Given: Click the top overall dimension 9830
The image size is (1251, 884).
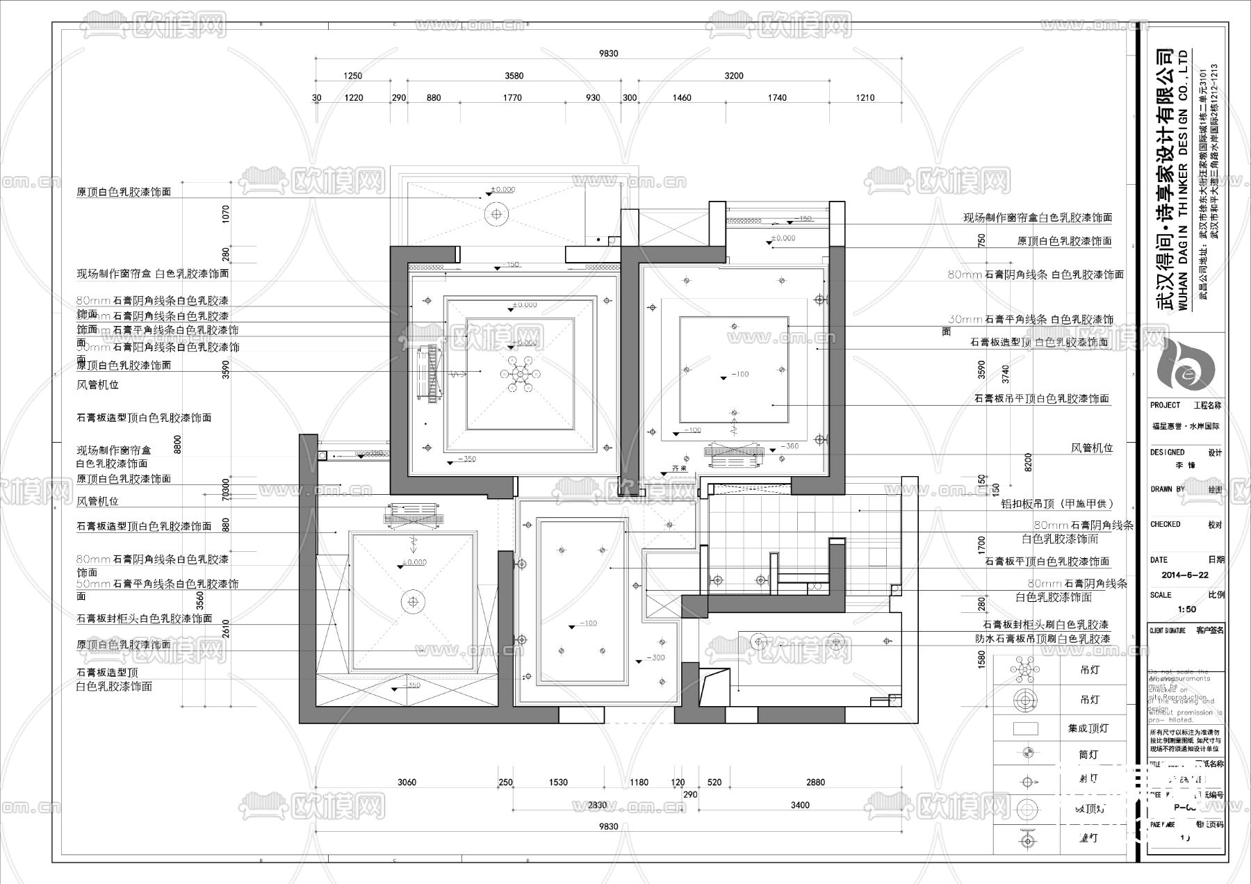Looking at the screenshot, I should coord(608,54).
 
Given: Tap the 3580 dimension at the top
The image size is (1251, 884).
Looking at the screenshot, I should coord(514,76).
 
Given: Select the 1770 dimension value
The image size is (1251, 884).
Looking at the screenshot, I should coord(512,98).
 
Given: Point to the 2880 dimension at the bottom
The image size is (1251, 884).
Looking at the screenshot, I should coord(815,783).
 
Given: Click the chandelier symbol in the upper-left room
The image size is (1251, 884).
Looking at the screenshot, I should coord(518,373).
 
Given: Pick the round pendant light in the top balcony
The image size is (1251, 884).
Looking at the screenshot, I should coord(496,215).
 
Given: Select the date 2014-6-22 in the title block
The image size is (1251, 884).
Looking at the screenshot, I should coord(1185,575).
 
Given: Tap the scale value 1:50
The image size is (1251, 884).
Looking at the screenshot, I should coord(1187,609).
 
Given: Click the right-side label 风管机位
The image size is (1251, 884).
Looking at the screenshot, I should coord(1092,448).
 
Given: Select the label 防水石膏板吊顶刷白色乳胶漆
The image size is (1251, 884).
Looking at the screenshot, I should coord(1042,639).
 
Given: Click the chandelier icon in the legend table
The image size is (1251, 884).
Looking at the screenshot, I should coord(1025,671).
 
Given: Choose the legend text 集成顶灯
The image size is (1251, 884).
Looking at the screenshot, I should coord(1088,728).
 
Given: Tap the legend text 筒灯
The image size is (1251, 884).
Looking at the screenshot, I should coord(1088,754).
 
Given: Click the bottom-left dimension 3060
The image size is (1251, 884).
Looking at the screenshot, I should coord(407,783).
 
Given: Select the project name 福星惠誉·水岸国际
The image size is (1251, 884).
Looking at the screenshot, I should coord(1186,426).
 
